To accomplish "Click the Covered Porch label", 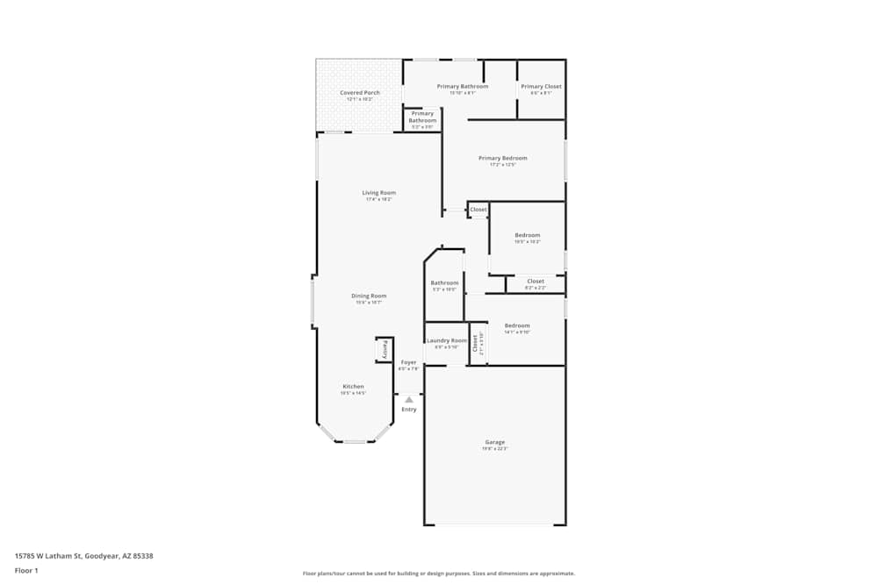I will click(360, 92).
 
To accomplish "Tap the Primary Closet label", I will click(541, 87).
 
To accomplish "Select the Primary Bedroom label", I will click(503, 159).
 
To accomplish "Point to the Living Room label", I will click(379, 193).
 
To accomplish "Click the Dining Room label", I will click(369, 296).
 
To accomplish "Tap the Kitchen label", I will click(353, 387).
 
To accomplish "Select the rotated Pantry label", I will click(384, 349).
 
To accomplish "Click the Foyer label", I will click(408, 362).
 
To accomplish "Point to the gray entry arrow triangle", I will click(408, 399).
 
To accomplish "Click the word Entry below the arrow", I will click(409, 410).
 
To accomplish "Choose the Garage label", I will click(495, 442).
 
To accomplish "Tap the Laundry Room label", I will click(447, 340).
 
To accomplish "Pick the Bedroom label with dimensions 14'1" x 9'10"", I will click(517, 325).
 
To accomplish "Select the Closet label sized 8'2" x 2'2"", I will click(536, 282).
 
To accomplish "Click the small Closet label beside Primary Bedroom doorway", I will click(479, 210).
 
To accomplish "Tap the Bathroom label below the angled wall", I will click(444, 283).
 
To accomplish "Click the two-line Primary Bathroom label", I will click(422, 117).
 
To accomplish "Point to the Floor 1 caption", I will click(26, 570).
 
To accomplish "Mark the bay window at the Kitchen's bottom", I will click(355, 441).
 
